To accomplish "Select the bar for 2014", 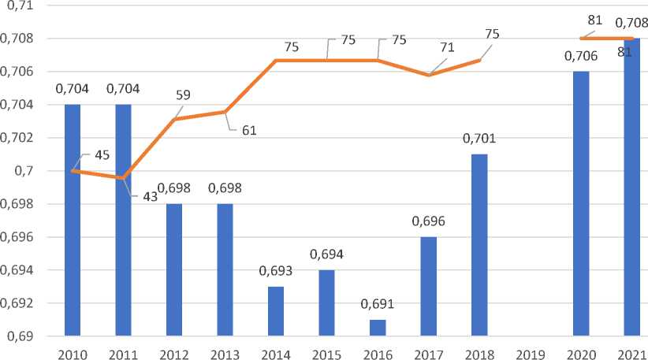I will (275, 311).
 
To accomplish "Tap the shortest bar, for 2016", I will (377, 328).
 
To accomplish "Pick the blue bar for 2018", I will (479, 245).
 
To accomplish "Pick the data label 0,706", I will (582, 57).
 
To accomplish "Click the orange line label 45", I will (101, 154).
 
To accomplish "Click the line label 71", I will (448, 47).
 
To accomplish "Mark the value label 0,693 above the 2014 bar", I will (275, 272).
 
